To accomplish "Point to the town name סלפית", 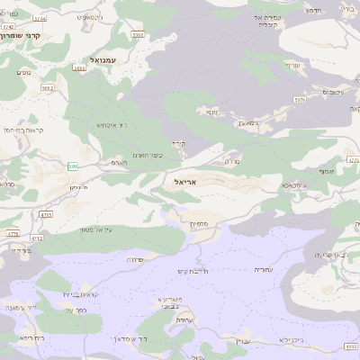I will pyautogui.click(x=199, y=223).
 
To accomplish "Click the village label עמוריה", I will pyautogui.click(x=262, y=269).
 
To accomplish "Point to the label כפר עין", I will pyautogui.click(x=75, y=310).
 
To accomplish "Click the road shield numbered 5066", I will pyautogui.click(x=138, y=34).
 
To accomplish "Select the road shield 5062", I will pyautogui.click(x=48, y=88).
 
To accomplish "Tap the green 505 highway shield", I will pyautogui.click(x=73, y=166).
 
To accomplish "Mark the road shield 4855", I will pyautogui.click(x=351, y=346).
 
